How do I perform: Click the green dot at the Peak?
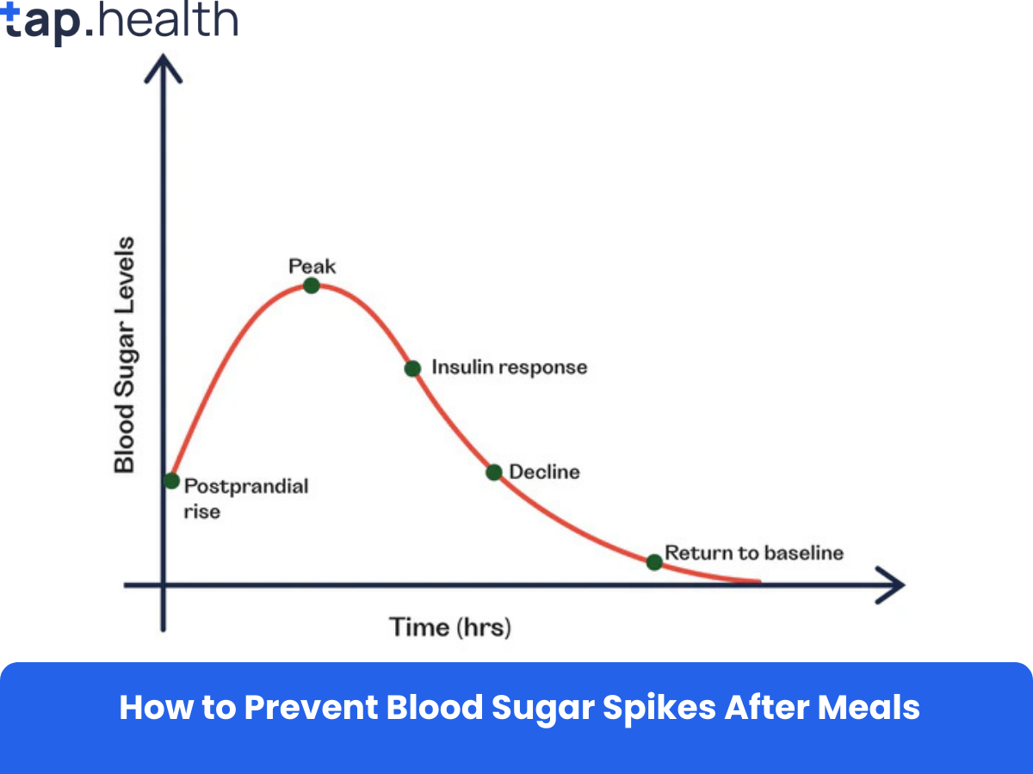(x=312, y=286)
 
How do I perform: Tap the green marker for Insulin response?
(x=412, y=368)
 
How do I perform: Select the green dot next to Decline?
(x=493, y=472)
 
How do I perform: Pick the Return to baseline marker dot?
(x=654, y=562)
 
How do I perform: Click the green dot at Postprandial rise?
(x=171, y=481)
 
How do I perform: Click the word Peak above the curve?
(x=312, y=266)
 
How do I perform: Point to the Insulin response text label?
(x=509, y=367)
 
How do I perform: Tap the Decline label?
(x=544, y=472)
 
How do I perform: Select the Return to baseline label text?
(x=754, y=553)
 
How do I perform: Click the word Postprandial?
(x=246, y=487)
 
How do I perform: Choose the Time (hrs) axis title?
(x=450, y=626)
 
